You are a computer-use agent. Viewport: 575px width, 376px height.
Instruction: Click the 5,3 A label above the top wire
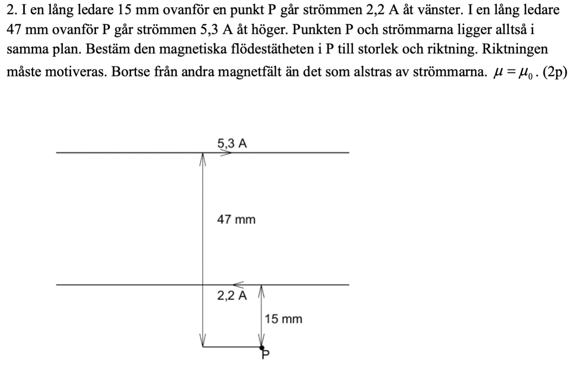coord(232,144)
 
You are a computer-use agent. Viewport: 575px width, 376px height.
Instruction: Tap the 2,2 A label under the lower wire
coord(232,295)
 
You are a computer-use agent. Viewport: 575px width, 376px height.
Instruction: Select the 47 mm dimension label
coord(236,219)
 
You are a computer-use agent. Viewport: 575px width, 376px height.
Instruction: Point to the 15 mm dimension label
coord(283,319)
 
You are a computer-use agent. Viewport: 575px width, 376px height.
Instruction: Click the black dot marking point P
coord(261,348)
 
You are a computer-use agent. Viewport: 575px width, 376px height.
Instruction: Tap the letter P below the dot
coord(265,354)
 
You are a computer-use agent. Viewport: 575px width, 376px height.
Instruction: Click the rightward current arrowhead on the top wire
coord(226,153)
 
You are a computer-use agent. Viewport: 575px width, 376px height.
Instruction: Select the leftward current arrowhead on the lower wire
coord(238,284)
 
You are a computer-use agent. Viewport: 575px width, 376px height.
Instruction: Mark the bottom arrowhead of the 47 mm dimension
coord(202,340)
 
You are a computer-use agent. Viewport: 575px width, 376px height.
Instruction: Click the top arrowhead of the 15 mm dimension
coord(261,291)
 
